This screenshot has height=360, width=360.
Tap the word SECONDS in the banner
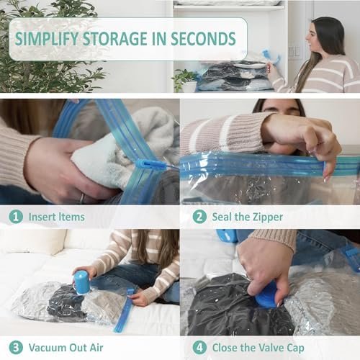202,37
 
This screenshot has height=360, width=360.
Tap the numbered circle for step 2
195,216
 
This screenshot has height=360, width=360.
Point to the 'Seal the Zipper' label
247,216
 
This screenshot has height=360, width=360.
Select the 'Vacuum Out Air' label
66,347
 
